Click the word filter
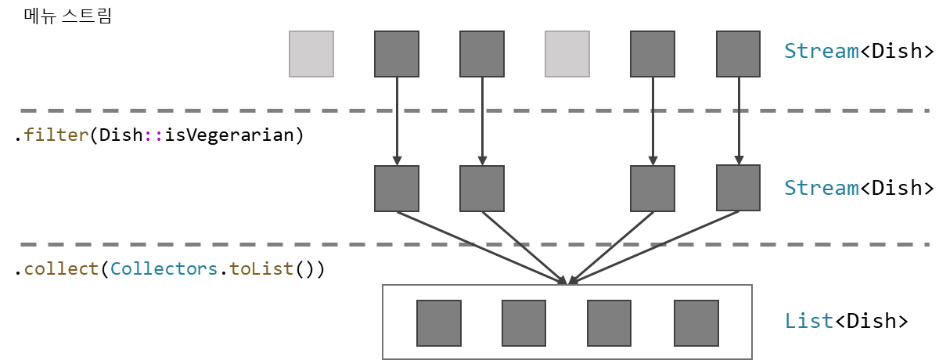tap(56, 135)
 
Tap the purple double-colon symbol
tap(153, 135)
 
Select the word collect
tap(61, 268)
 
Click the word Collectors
tap(164, 268)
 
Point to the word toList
tap(261, 268)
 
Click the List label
tap(808, 321)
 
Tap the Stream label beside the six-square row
tap(821, 51)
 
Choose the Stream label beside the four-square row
tap(821, 188)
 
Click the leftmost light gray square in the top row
tap(311, 54)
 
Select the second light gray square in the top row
tap(567, 54)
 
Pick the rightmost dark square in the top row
tap(738, 54)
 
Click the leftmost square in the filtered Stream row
tap(397, 188)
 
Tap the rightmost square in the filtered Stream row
tap(738, 188)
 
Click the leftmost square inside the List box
tap(439, 323)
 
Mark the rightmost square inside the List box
tap(696, 323)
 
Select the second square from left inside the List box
tap(524, 323)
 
